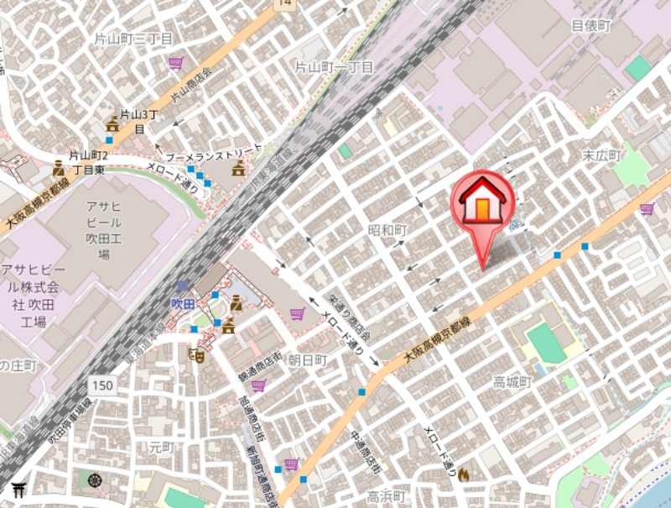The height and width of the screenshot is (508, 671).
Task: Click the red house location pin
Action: tap(482, 206)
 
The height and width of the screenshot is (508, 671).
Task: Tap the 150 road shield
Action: tap(101, 385)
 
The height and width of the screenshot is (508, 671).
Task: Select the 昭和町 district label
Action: tap(387, 229)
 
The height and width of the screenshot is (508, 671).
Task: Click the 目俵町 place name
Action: tap(591, 26)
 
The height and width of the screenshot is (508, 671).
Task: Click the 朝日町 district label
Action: tap(307, 359)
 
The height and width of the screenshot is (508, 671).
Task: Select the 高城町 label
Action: tap(512, 382)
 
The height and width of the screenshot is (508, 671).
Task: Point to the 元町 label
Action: tap(159, 448)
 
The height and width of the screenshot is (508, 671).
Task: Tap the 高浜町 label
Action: tap(386, 497)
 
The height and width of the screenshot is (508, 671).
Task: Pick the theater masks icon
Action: tap(198, 354)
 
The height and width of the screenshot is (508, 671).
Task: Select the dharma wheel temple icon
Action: tap(95, 481)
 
